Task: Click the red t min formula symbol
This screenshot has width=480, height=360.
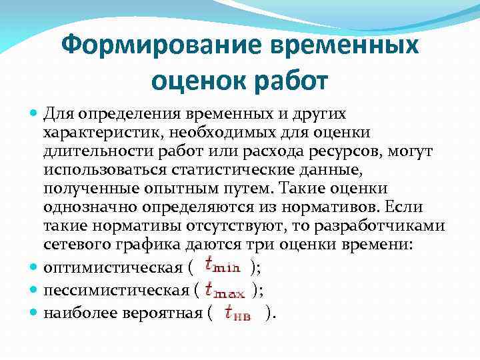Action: [222, 267]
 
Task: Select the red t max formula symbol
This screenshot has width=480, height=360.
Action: [225, 289]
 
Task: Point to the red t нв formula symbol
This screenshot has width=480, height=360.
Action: [238, 312]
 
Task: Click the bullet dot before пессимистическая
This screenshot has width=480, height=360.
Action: [35, 290]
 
